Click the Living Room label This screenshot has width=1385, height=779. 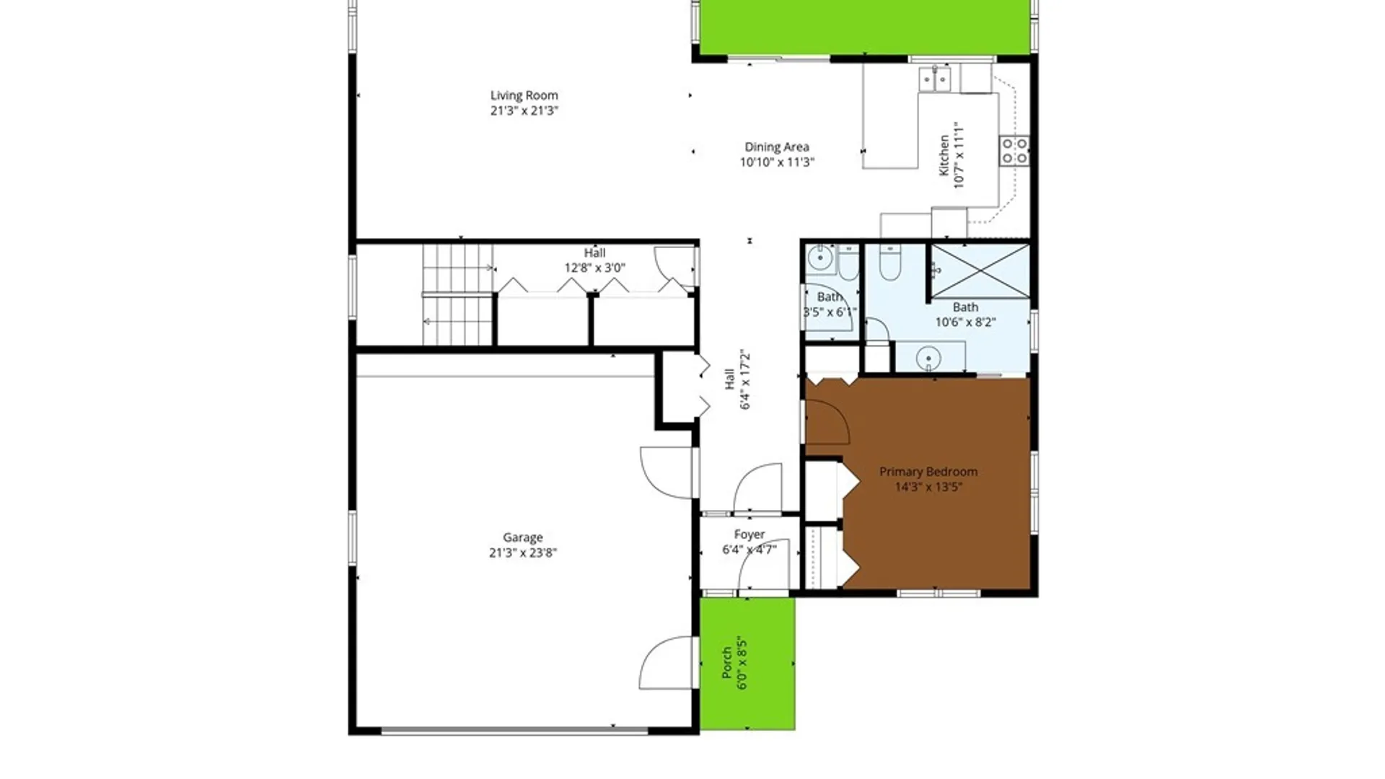pos(524,95)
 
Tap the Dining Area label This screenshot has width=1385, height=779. pos(776,147)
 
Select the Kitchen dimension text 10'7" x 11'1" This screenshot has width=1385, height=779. pos(959,156)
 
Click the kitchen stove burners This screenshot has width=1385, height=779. pos(1014,151)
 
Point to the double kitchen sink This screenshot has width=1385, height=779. pos(935,79)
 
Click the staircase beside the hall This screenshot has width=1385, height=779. pos(457,295)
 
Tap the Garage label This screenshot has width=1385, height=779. pos(522,537)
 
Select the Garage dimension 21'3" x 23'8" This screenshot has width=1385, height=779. pos(522,553)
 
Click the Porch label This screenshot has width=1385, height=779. pos(727,662)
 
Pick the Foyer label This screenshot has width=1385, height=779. pos(749,534)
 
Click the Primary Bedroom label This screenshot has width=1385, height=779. pos(928,472)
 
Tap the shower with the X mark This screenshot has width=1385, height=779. pos(980,271)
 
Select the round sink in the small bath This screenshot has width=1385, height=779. pos(819,258)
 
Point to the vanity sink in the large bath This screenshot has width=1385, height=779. pos(928,358)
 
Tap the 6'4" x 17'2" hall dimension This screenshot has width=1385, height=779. pos(745,380)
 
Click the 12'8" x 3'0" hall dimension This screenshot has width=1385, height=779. pos(594,268)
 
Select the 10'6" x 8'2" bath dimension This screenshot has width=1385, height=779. pos(965,322)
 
